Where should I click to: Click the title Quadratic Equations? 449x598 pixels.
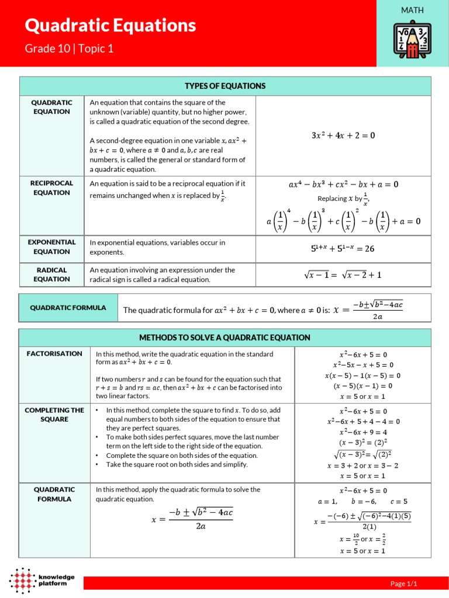click(x=110, y=26)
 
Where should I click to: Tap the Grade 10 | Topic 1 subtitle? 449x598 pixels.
click(x=69, y=48)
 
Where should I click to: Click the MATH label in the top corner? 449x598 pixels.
click(x=412, y=10)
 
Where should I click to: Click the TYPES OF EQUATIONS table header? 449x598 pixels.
click(x=225, y=86)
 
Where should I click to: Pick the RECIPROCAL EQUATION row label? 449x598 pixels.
click(x=51, y=187)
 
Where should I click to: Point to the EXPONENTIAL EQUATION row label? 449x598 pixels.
click(x=51, y=246)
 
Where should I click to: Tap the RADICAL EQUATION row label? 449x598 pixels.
click(x=51, y=274)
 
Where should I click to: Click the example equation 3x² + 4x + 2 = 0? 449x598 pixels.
click(x=343, y=135)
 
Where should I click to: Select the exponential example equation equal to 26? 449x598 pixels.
click(x=343, y=248)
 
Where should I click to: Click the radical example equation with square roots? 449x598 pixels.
click(x=343, y=275)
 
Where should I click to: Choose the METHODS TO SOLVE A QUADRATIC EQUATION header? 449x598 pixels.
click(x=224, y=338)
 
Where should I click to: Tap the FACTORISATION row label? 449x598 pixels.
click(x=54, y=354)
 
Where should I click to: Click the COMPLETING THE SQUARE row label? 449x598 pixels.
click(x=54, y=415)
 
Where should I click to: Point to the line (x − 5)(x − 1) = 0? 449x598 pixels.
click(x=363, y=385)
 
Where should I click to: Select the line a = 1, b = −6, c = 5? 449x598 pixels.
click(x=363, y=501)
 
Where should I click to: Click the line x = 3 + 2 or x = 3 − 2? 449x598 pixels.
click(x=363, y=465)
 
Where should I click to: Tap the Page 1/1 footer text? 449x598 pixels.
click(x=403, y=583)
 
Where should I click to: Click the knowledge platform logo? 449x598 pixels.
click(x=42, y=580)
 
